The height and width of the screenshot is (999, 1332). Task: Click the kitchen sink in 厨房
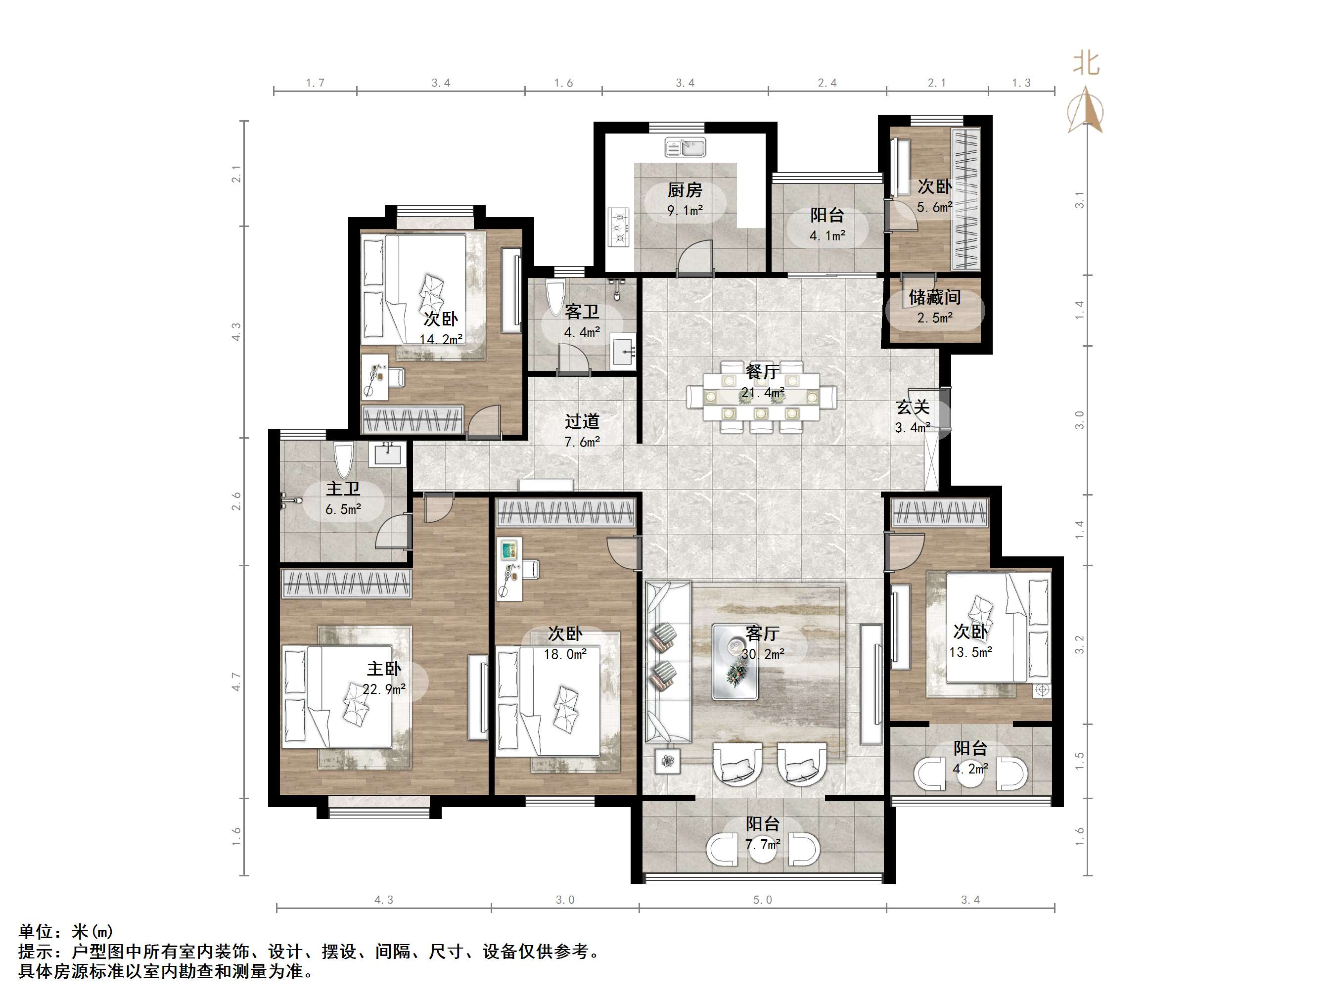click(x=685, y=147)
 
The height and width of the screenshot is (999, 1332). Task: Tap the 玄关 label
click(x=913, y=407)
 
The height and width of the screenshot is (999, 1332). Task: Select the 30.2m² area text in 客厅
click(x=763, y=654)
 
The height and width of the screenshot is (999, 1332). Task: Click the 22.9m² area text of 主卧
click(x=384, y=689)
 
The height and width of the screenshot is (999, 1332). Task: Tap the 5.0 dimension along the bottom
click(x=762, y=900)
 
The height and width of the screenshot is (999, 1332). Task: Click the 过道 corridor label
click(x=582, y=421)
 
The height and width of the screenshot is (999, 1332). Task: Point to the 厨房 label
click(x=685, y=190)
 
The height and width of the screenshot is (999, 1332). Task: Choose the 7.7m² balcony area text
click(x=763, y=844)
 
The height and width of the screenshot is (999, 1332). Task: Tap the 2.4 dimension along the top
click(x=827, y=83)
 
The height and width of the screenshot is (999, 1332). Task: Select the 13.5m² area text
click(x=971, y=651)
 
